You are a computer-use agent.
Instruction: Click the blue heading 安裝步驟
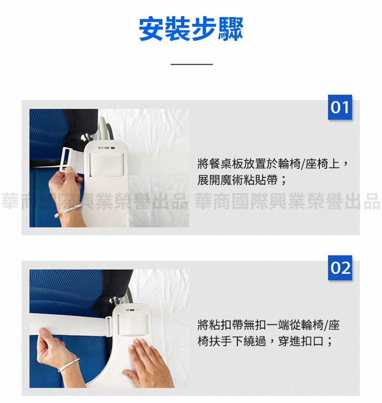[191, 29]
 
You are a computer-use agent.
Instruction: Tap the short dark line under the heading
[191, 64]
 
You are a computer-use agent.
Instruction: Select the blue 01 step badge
[340, 107]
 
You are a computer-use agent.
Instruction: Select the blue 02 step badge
[340, 268]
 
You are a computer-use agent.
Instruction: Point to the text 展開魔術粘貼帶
[237, 180]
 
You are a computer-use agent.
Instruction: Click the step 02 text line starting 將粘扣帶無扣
[268, 325]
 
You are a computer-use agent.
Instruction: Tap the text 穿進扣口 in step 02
[300, 341]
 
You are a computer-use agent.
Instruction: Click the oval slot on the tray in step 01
[107, 148]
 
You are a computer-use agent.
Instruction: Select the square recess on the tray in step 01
[106, 165]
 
